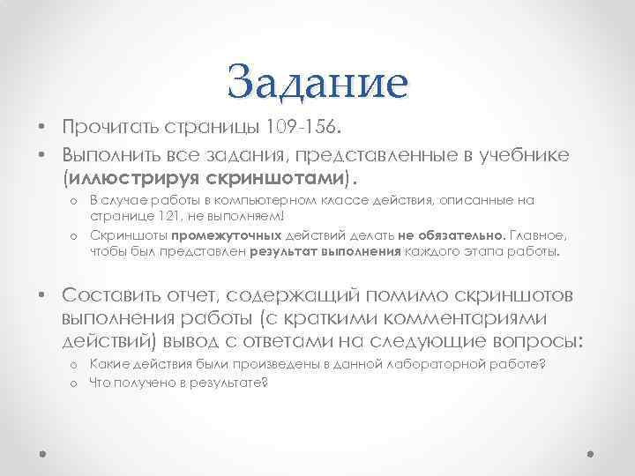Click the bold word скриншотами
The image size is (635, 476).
[287, 179]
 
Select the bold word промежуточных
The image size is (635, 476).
[228, 236]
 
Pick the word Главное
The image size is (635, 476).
[542, 236]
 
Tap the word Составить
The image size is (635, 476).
[113, 293]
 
